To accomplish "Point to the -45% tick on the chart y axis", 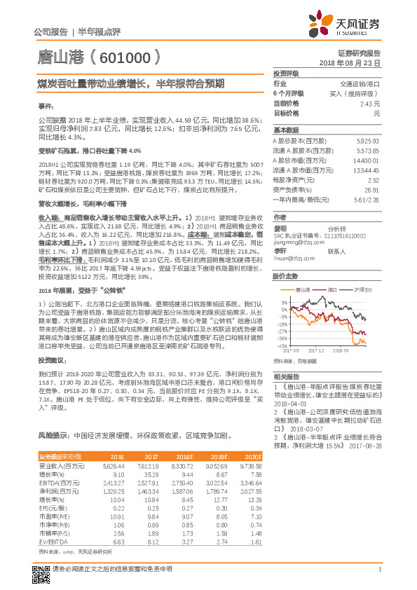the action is tap(280, 345).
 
